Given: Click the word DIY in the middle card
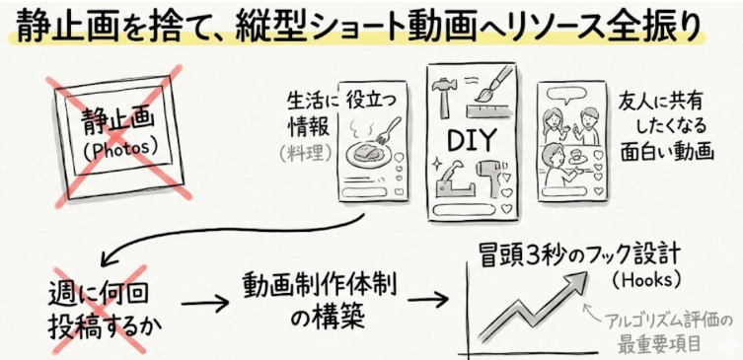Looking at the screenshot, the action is point(472,139).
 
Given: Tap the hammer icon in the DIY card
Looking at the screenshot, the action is point(444,96).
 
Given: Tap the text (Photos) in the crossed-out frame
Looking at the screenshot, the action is point(118,149).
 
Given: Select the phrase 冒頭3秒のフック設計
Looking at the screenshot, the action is point(579,255).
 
